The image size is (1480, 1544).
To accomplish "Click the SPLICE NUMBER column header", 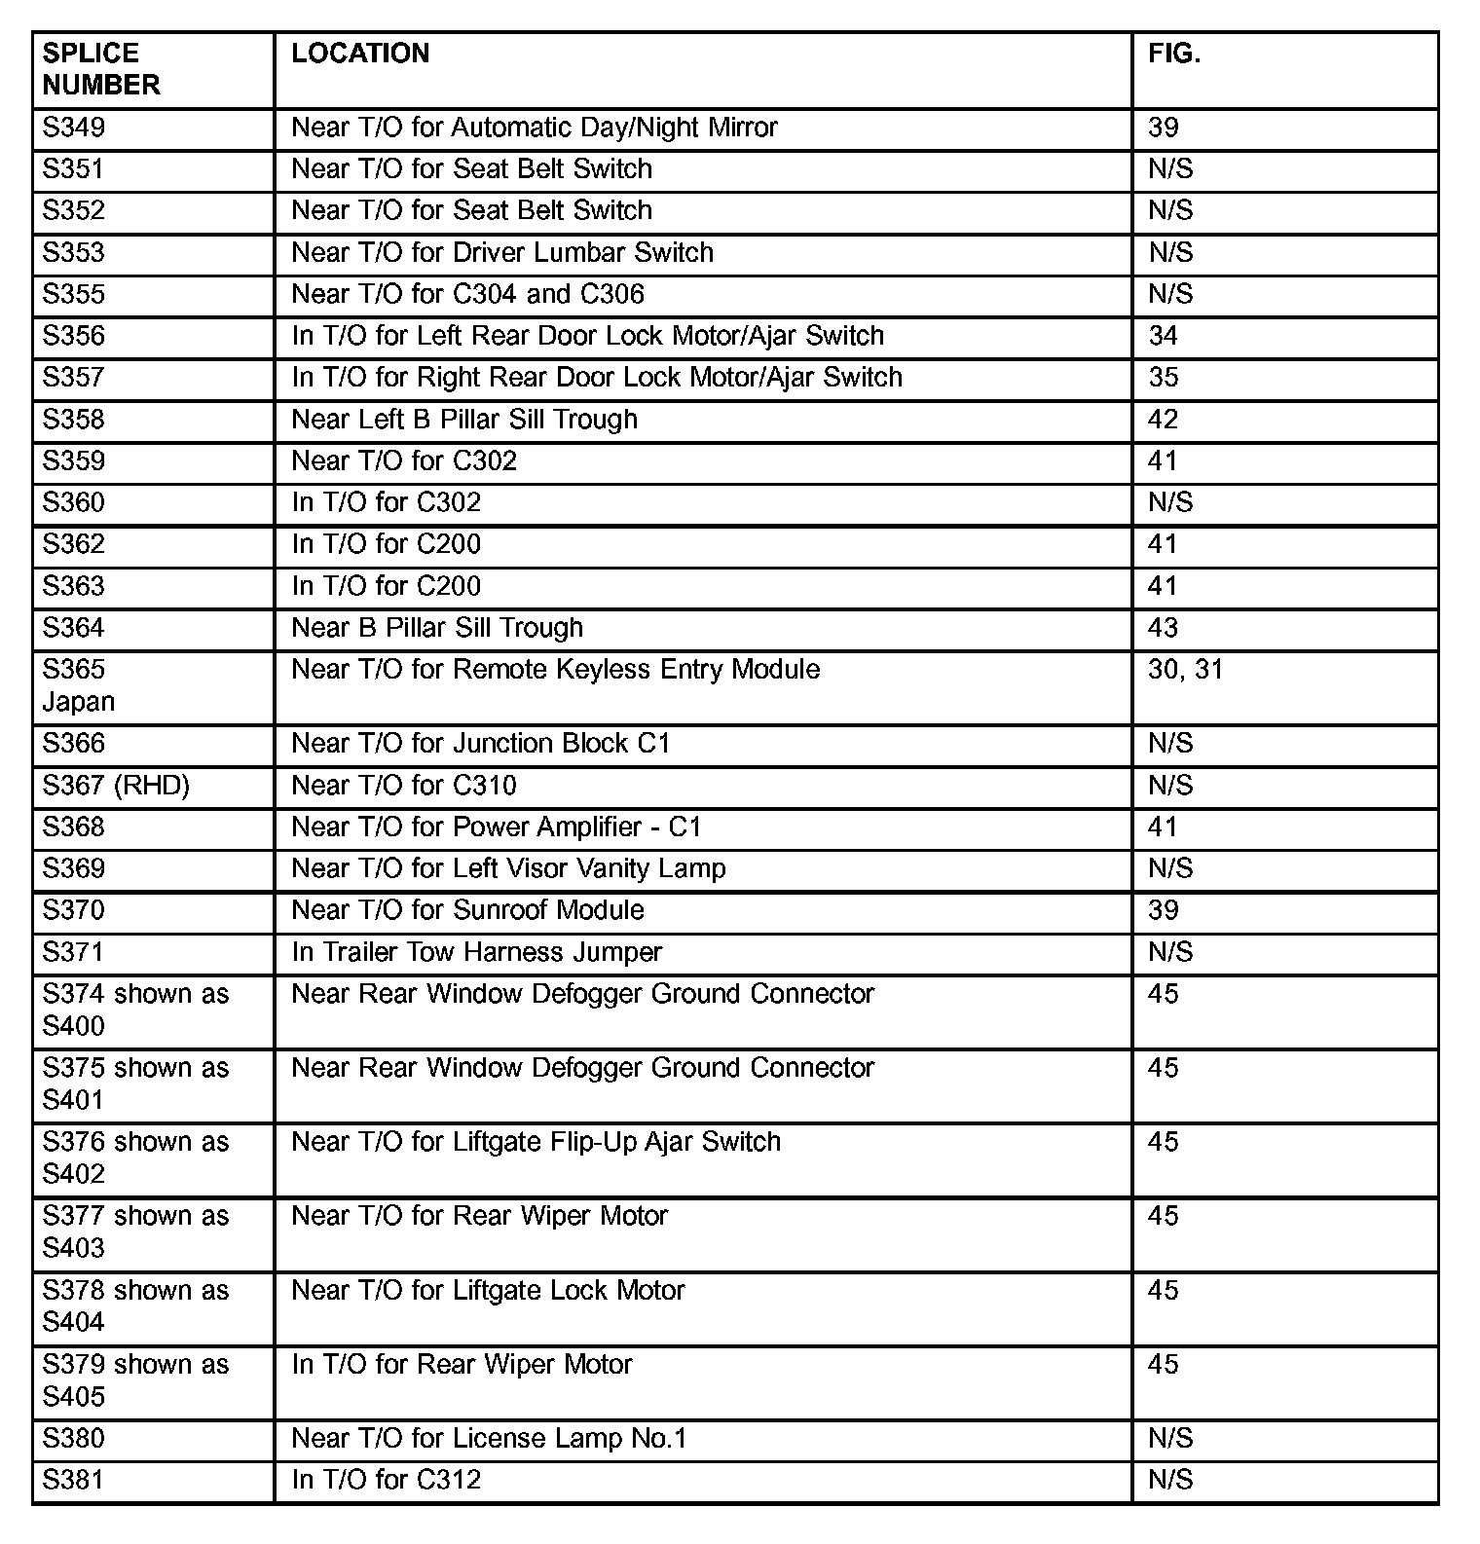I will tap(101, 69).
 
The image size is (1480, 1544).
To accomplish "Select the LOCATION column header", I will tap(360, 54).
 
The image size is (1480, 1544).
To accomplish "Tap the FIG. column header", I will tap(1174, 54).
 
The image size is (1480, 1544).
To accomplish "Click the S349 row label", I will tap(74, 128).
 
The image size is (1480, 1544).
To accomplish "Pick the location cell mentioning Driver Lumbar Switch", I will tap(502, 253).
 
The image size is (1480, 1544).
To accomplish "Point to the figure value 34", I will tap(1164, 336).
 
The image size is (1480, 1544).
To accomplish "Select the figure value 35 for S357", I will tap(1164, 378).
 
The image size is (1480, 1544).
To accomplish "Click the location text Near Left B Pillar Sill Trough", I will tap(464, 420).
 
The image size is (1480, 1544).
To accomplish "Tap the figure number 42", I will tap(1164, 420).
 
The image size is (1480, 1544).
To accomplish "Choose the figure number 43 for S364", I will tap(1164, 628).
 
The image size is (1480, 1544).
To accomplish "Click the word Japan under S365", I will tap(79, 702).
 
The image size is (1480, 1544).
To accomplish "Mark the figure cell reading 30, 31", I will tap(1185, 670).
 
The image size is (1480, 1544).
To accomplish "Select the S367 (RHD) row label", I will tap(116, 786).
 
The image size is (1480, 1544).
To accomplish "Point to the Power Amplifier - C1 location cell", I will tap(497, 827).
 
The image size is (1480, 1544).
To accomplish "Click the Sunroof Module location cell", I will tap(467, 910).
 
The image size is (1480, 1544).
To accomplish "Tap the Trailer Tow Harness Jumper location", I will tap(476, 952).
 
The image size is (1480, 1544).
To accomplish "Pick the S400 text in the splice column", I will tap(74, 1026).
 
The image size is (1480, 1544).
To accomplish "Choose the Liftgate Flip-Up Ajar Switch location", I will tap(536, 1142).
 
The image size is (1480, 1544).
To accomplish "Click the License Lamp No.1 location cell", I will tap(489, 1439).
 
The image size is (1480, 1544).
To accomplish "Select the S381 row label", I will tap(74, 1481).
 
